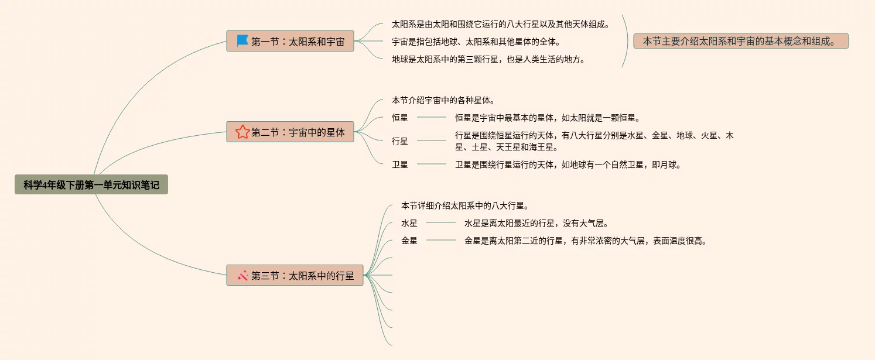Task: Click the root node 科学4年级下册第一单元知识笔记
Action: coord(91,185)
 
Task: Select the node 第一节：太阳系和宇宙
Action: coord(290,42)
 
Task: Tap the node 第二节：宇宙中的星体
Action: coord(290,132)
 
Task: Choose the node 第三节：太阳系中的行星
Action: coord(295,275)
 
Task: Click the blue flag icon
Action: coord(242,41)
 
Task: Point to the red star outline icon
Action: coord(242,132)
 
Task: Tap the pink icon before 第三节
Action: coord(242,275)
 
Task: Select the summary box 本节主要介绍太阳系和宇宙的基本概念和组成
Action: coord(741,41)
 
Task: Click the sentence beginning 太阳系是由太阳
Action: coord(501,25)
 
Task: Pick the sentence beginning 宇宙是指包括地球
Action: coord(476,42)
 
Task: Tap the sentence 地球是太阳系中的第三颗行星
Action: coord(488,59)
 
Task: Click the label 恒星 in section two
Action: coord(400,118)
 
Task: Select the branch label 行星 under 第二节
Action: coord(400,141)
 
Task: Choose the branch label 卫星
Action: coord(400,164)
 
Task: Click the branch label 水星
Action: coord(409,223)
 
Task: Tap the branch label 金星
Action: coord(409,241)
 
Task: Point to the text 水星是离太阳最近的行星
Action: coord(536,223)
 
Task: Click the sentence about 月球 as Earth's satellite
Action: coord(568,164)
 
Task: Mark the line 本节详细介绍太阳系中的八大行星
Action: coord(465,205)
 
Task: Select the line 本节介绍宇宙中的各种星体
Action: coord(443,100)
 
